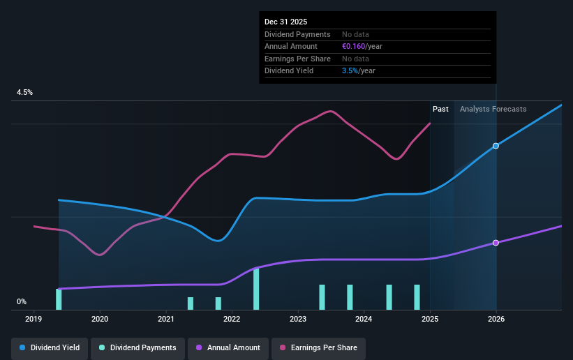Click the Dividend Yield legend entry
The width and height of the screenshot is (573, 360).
click(x=49, y=347)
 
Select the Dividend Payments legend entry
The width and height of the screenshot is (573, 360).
click(x=138, y=347)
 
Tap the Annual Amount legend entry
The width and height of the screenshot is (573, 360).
click(x=228, y=347)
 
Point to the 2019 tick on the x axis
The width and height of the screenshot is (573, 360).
click(x=34, y=319)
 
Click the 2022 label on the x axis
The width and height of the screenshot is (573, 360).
click(x=232, y=319)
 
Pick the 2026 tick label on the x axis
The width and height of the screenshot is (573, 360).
click(x=496, y=319)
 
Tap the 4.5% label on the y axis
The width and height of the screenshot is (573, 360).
click(x=25, y=92)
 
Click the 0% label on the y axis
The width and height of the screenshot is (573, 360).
click(x=22, y=301)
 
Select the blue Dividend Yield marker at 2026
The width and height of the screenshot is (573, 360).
click(x=496, y=146)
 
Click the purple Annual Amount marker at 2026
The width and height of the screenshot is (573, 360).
click(x=496, y=243)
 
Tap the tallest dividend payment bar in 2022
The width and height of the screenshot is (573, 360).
click(x=256, y=289)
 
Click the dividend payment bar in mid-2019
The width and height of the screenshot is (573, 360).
click(x=59, y=299)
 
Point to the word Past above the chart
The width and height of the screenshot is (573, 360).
click(x=440, y=109)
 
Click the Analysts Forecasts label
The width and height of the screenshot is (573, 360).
click(x=493, y=109)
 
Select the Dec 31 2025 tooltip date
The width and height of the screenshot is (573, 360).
click(x=285, y=22)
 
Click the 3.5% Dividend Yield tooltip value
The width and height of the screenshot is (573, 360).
click(x=350, y=70)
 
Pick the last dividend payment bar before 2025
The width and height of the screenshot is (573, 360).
click(x=417, y=297)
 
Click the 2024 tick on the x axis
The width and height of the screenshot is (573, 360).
click(x=364, y=319)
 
